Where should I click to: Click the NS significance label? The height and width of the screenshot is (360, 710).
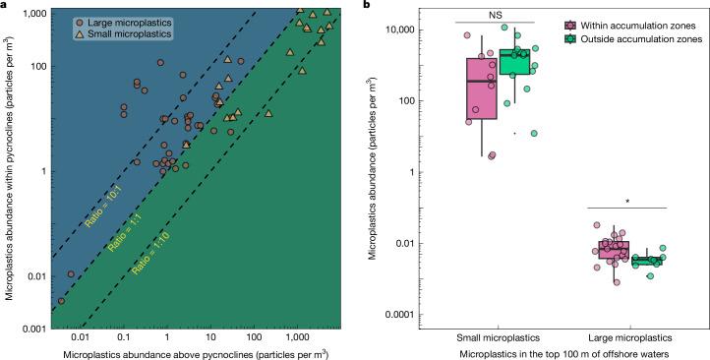tap(495, 14)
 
